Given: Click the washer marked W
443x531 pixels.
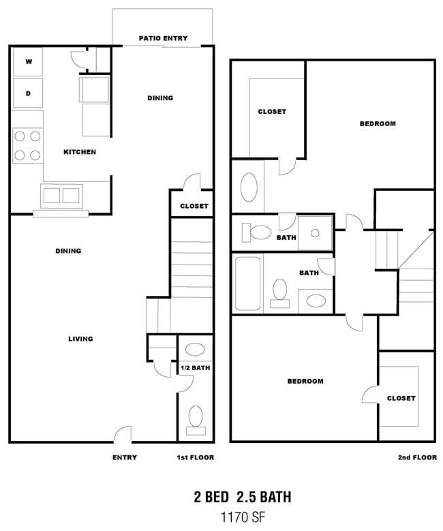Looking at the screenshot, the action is (28, 61).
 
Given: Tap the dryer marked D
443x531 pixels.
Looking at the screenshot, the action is (28, 93).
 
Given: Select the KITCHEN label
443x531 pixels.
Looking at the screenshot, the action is (80, 152).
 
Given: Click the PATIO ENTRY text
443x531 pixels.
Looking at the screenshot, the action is (164, 38).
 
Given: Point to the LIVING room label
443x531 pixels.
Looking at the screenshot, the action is (80, 339).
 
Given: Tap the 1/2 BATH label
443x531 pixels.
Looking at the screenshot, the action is (195, 368).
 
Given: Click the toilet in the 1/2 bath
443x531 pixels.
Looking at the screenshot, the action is (196, 421).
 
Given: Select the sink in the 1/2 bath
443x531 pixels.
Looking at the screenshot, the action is (195, 350).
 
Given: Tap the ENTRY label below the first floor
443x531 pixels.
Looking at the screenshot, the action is (125, 457).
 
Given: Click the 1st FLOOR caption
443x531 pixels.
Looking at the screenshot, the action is (196, 457).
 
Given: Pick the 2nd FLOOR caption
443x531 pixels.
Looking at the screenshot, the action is (417, 457).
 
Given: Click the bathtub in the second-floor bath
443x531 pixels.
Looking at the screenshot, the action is (247, 284).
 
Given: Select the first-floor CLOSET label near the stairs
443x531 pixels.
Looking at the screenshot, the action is (194, 206).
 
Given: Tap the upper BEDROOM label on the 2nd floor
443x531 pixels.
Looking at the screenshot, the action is (378, 123).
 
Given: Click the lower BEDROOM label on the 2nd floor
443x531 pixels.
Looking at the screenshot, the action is (305, 381).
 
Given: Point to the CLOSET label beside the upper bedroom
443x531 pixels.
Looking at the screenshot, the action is (272, 111).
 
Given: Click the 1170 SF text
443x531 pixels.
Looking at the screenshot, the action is (243, 517).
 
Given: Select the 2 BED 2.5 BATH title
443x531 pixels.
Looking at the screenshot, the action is (243, 497).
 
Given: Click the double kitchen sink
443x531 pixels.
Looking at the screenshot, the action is (61, 196).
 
